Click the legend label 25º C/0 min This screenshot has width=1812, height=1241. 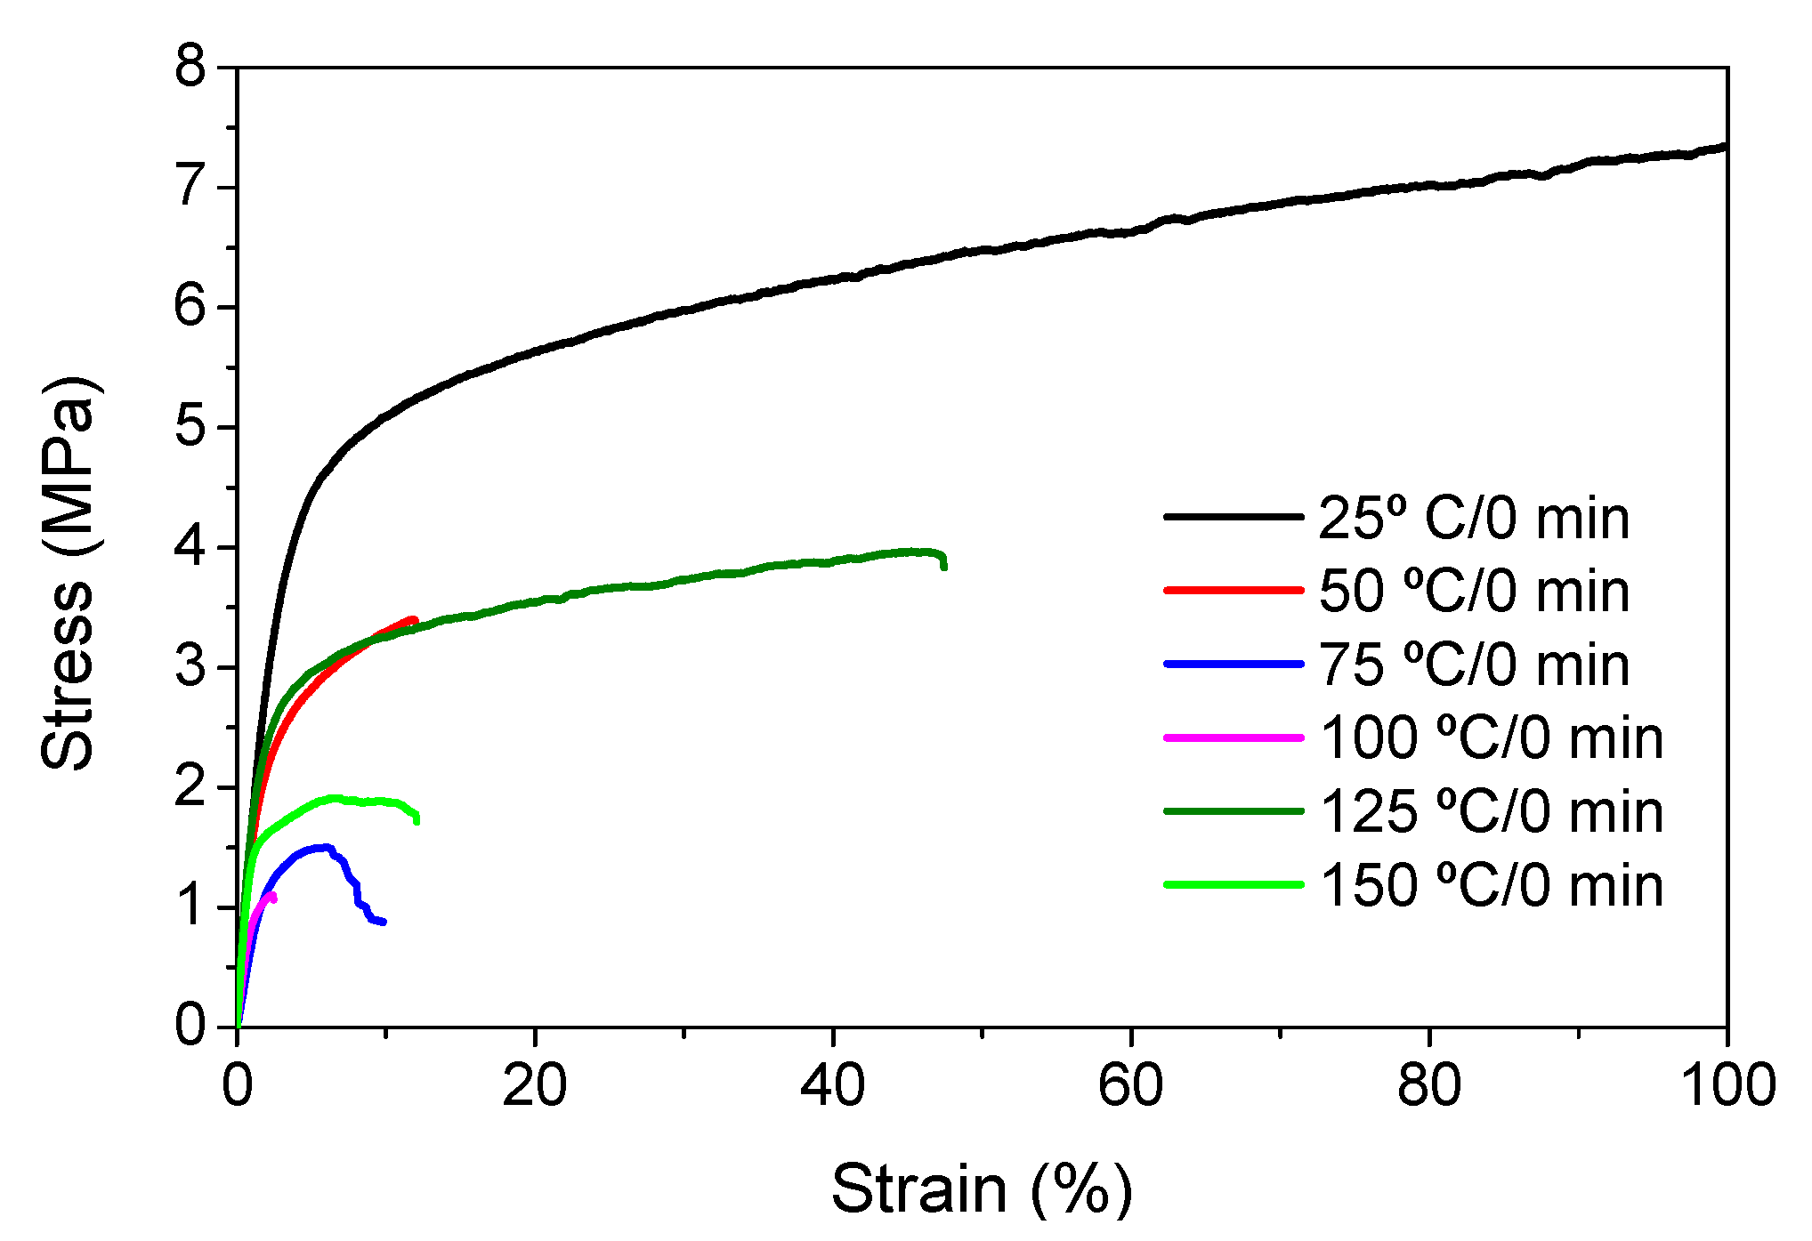coord(1473,518)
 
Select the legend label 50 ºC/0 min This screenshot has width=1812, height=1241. coord(1473,591)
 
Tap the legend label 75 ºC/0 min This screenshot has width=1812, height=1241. coord(1473,665)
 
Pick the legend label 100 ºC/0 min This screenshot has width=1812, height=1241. coord(1491,738)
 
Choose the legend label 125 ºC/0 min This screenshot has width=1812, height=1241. coord(1491,811)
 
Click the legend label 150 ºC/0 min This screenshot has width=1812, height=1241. coord(1491,885)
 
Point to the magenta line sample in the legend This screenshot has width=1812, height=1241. coord(1234,737)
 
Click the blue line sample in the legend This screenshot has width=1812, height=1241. coord(1234,664)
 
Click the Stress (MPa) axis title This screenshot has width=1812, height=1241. coord(68,574)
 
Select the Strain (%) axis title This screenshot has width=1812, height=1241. coord(982,1189)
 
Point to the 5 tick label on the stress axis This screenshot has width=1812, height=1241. coord(190,427)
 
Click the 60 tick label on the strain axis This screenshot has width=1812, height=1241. coord(1130,1086)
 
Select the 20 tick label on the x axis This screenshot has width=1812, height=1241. coord(534,1086)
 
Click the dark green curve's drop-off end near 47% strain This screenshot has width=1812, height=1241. coord(943,566)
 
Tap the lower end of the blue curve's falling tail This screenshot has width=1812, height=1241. coord(383,922)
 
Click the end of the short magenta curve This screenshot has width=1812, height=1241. coord(272,899)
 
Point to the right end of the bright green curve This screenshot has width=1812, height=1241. coord(417,820)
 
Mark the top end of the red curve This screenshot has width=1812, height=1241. coord(414,620)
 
